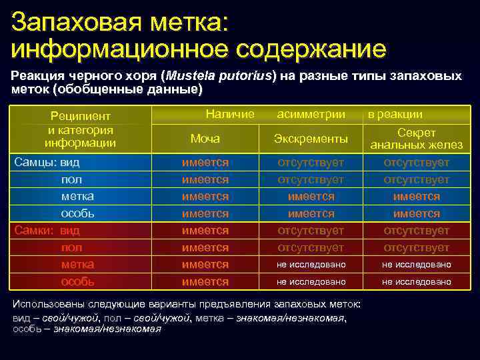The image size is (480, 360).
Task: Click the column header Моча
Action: point(205,139)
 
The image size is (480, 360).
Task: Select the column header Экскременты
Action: point(311,139)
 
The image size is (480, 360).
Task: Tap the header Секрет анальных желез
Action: point(416,139)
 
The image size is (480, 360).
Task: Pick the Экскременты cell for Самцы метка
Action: point(311,197)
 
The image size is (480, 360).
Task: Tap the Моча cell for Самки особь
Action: point(205,281)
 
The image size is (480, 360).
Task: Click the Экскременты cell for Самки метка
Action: point(311,265)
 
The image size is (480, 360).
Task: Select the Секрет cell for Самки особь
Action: point(416,281)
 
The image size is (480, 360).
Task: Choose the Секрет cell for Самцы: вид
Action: point(416,163)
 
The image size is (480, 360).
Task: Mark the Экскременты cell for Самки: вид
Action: point(311,230)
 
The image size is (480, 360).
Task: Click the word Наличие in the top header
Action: point(230,114)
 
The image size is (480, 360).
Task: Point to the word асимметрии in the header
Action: point(311,114)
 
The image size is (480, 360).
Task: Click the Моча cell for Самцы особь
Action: point(205,213)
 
